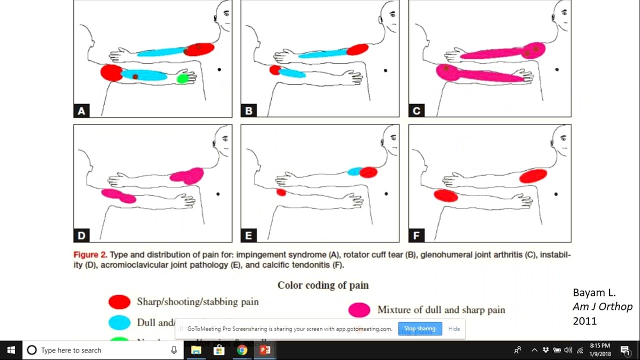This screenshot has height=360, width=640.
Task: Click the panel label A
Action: [81, 111]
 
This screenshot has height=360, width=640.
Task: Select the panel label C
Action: [416, 111]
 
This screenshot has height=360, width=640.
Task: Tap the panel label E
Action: [248, 235]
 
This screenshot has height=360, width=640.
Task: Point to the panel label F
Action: [416, 235]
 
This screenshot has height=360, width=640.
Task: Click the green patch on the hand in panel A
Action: [183, 78]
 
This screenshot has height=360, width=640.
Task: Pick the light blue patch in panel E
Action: [354, 171]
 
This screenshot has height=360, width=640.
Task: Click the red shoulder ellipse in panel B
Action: [357, 49]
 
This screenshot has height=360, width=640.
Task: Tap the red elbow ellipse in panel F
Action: [445, 195]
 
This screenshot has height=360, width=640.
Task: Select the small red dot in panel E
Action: [281, 192]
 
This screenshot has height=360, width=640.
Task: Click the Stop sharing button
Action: [419, 328]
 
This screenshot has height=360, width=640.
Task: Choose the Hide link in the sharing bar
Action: [454, 328]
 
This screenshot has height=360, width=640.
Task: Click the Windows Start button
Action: [11, 350]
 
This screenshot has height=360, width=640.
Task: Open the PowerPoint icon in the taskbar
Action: [265, 350]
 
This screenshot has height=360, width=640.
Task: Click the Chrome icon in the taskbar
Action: [242, 350]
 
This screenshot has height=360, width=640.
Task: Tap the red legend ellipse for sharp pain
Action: [119, 301]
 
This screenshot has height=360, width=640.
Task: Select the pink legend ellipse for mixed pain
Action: [359, 310]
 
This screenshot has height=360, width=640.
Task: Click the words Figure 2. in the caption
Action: [90, 254]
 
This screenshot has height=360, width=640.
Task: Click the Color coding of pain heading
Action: [323, 285]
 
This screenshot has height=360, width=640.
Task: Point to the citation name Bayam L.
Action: [594, 293]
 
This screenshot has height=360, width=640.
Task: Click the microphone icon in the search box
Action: [174, 350]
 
